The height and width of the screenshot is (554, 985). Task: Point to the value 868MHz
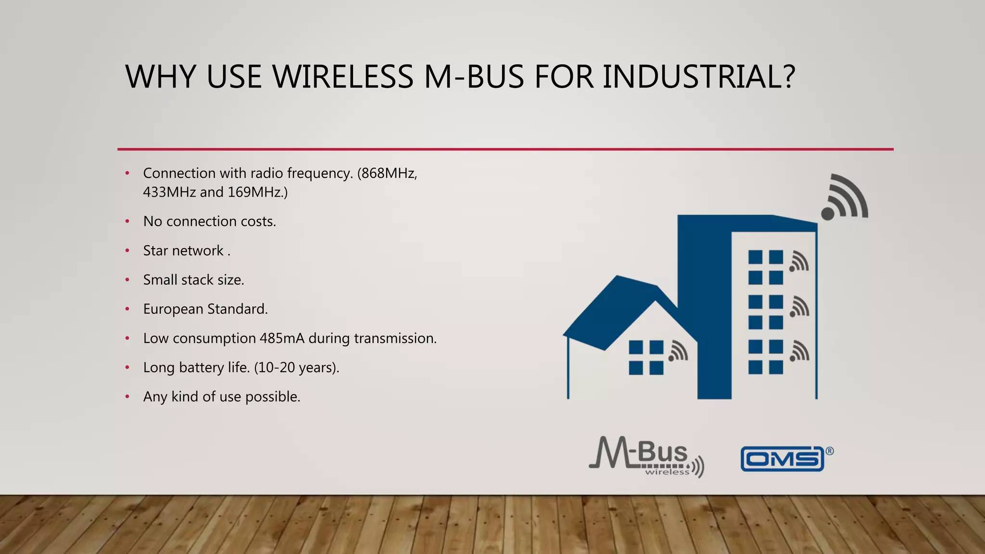pyautogui.click(x=389, y=173)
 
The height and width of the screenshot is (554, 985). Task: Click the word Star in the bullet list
pyautogui.click(x=155, y=251)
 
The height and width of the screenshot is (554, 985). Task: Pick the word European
pyautogui.click(x=173, y=309)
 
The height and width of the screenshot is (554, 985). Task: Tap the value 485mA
pyautogui.click(x=282, y=339)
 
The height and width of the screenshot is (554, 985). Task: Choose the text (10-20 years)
pyautogui.click(x=297, y=368)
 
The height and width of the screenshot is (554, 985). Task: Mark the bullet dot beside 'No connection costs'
pyautogui.click(x=127, y=222)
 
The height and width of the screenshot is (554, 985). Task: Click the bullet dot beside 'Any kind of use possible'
pyautogui.click(x=127, y=397)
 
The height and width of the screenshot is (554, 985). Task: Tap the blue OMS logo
pyautogui.click(x=782, y=459)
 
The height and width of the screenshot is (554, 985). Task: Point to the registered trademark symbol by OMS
pyautogui.click(x=830, y=451)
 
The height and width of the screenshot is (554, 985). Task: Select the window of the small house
pyautogui.click(x=646, y=357)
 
